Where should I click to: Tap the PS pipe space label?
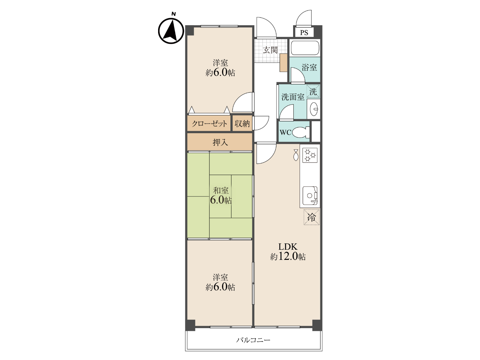[x=304, y=33]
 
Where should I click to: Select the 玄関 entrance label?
[x=270, y=50]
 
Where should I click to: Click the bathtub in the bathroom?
[x=305, y=48]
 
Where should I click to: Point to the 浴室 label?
[x=309, y=67]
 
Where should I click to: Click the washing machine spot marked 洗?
[x=313, y=91]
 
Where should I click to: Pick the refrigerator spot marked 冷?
[x=311, y=217]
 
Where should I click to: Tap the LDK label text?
[x=288, y=247]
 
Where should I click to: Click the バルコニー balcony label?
[x=253, y=340]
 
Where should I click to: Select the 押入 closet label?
[x=220, y=142]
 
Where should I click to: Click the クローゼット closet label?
[x=209, y=124]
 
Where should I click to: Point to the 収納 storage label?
[x=242, y=124]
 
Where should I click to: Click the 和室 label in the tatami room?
[x=220, y=190]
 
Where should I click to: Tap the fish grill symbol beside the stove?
[x=296, y=155]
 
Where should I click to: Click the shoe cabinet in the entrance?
[x=283, y=62]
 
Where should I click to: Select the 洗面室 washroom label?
[x=292, y=97]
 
